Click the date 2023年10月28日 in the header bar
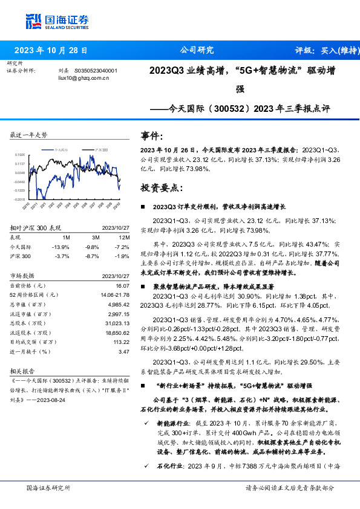pos(50,51)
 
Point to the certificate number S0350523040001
pos(96,71)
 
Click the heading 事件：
pos(151,136)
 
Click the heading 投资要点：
pos(161,188)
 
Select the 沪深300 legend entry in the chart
pos(100,149)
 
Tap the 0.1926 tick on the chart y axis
pos(20,155)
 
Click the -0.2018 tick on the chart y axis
pos(19,199)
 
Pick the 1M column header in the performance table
pos(67,238)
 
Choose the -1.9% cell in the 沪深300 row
pos(122,256)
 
